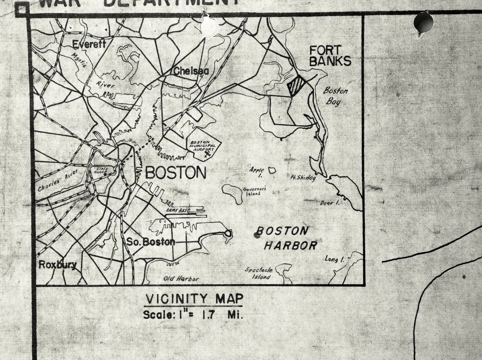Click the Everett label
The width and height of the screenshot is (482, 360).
pyautogui.click(x=89, y=44)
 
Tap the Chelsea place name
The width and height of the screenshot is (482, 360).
pyautogui.click(x=191, y=71)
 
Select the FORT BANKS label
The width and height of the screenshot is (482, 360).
pyautogui.click(x=330, y=56)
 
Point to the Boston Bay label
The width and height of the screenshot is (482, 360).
pyautogui.click(x=335, y=96)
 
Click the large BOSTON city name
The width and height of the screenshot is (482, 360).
pyautogui.click(x=176, y=173)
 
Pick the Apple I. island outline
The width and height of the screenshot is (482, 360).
pyautogui.click(x=272, y=170)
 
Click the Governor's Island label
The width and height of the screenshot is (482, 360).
pyautogui.click(x=254, y=192)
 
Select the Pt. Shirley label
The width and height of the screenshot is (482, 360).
pyautogui.click(x=303, y=178)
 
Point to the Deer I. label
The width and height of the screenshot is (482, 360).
pyautogui.click(x=329, y=203)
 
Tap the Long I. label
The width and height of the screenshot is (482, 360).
pyautogui.click(x=334, y=259)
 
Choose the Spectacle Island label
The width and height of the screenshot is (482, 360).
pyautogui.click(x=259, y=273)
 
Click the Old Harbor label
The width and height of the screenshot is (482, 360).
pyautogui.click(x=181, y=279)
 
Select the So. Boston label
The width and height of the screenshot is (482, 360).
pyautogui.click(x=151, y=242)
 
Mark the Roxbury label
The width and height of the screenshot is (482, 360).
pyautogui.click(x=58, y=265)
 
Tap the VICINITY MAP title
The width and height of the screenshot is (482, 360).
pyautogui.click(x=194, y=299)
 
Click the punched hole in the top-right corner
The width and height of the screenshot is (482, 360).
pyautogui.click(x=423, y=22)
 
